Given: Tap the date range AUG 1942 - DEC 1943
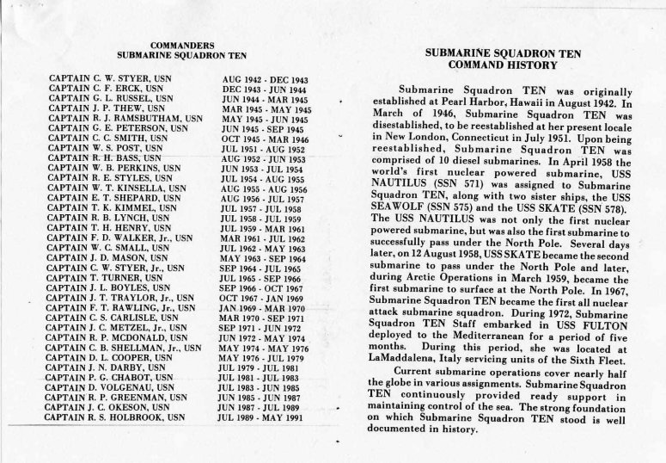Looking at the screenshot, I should pos(266,78).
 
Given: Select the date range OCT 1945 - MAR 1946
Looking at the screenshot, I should pos(260,139).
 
